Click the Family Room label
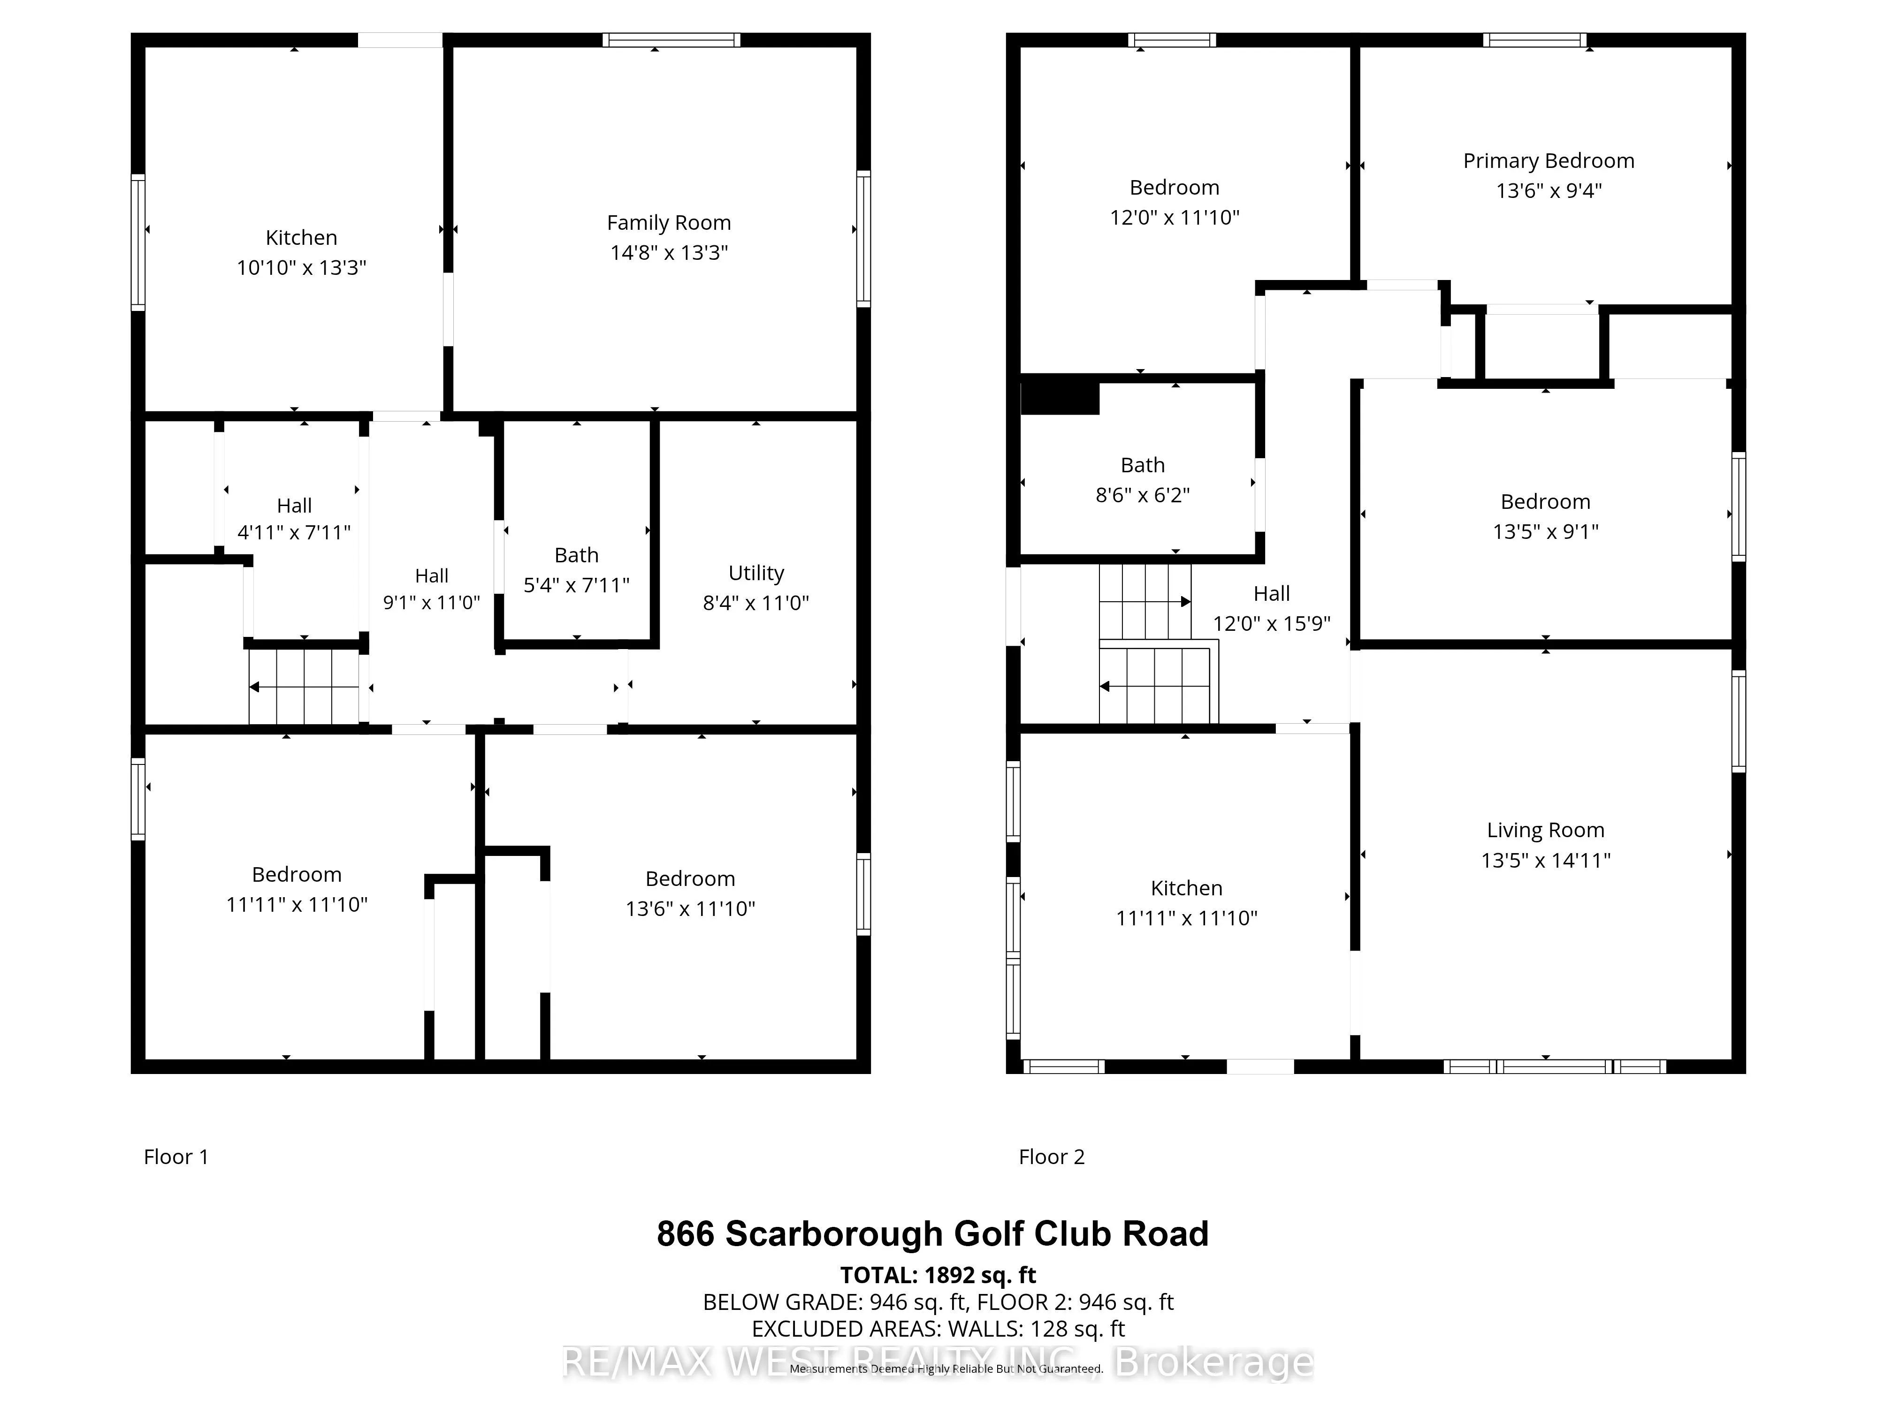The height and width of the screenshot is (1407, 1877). pos(669,223)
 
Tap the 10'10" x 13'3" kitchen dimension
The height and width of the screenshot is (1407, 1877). pos(301,268)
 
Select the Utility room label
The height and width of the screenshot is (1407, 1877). pos(756,573)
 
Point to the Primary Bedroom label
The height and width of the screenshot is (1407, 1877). pos(1548,161)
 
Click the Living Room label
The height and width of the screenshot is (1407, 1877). pos(1545,830)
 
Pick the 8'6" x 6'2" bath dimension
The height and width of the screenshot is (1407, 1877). pos(1142,495)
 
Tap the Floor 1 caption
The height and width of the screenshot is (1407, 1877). pos(175,1157)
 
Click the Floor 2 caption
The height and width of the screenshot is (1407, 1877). pos(1052,1157)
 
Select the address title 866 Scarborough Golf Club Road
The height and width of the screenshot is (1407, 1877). pos(932,1234)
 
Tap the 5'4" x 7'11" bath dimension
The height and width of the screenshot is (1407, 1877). pos(576,585)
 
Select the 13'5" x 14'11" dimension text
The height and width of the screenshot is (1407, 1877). pos(1545,861)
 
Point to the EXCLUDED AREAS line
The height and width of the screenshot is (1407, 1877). pos(938,1329)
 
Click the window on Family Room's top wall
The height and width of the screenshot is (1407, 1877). pos(671,40)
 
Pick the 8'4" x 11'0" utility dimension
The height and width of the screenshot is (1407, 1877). pos(756,603)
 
